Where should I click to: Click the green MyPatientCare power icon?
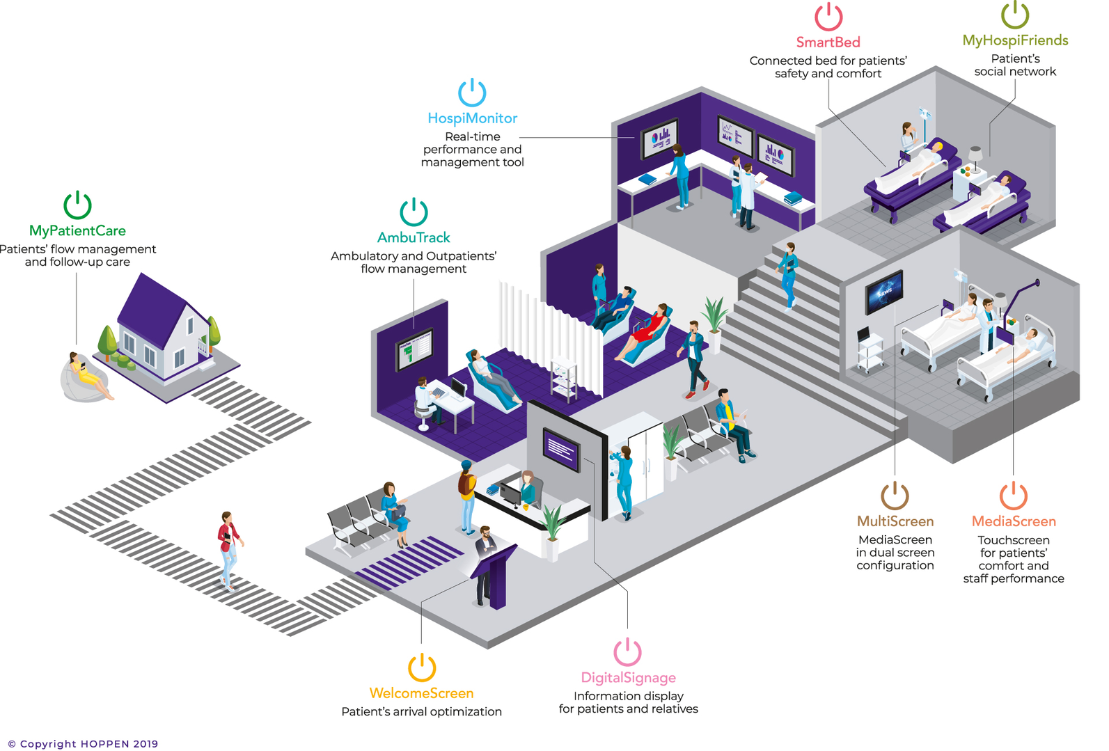pyautogui.click(x=77, y=205)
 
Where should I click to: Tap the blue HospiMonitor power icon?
pyautogui.click(x=472, y=93)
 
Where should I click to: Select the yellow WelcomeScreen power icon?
pyautogui.click(x=422, y=667)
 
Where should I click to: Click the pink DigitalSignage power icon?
pyautogui.click(x=627, y=651)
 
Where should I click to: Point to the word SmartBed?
pyautogui.click(x=828, y=42)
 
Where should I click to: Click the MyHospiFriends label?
pyautogui.click(x=1015, y=40)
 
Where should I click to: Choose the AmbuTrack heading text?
pyautogui.click(x=414, y=237)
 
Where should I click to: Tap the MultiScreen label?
pyautogui.click(x=895, y=521)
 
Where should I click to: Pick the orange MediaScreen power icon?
pyautogui.click(x=1014, y=496)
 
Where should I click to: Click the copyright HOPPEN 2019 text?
pyautogui.click(x=83, y=743)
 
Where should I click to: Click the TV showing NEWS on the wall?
pyautogui.click(x=884, y=292)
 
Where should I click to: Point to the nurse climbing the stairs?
pyautogui.click(x=789, y=274)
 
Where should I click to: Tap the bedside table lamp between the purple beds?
pyautogui.click(x=975, y=159)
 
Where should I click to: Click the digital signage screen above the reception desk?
pyautogui.click(x=561, y=450)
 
